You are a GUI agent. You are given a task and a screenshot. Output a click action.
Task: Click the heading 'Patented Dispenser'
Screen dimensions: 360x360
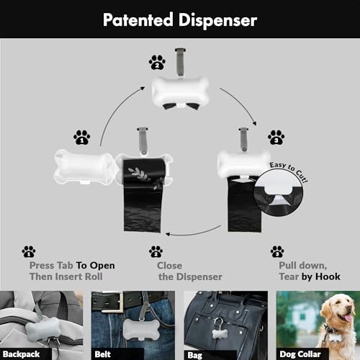[x=179, y=19]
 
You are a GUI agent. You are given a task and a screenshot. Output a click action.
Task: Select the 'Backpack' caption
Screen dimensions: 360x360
[x=20, y=354]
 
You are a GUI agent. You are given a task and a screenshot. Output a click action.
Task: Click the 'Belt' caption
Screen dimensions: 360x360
[x=103, y=354]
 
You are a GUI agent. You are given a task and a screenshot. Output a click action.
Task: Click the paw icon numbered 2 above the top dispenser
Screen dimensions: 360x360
[x=157, y=62]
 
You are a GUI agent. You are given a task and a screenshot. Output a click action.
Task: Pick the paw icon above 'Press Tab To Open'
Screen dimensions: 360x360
[x=28, y=251]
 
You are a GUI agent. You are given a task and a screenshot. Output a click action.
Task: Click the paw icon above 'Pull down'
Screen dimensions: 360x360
[x=277, y=251]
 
